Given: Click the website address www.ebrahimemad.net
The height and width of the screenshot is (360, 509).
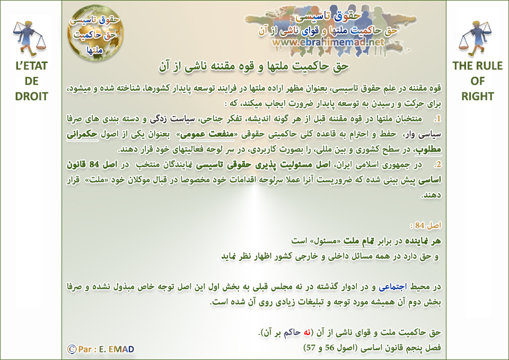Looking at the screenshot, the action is [328, 42].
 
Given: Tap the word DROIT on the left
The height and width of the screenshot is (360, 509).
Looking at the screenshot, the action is [31, 96].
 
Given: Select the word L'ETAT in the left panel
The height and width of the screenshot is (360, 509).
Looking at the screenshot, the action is [31, 66].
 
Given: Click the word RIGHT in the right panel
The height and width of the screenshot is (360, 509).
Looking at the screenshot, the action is [478, 96].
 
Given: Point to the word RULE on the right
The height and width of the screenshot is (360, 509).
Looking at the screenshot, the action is [489, 66].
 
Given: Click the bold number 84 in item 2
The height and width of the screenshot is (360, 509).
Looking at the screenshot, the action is [94, 164].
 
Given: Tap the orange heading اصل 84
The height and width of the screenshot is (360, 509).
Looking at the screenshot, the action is [426, 225].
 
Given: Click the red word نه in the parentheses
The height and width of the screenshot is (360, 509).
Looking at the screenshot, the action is [307, 332].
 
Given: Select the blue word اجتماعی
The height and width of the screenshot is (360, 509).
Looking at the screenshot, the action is [393, 287].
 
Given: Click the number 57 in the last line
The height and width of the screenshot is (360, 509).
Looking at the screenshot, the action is [311, 348].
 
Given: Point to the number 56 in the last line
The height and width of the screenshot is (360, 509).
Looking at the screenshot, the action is [329, 348].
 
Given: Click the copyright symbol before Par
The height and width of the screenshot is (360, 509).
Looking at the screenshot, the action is [72, 349].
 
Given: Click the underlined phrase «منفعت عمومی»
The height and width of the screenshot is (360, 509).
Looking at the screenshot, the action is [207, 134].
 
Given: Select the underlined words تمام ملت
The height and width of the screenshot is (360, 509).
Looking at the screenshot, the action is [360, 241].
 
